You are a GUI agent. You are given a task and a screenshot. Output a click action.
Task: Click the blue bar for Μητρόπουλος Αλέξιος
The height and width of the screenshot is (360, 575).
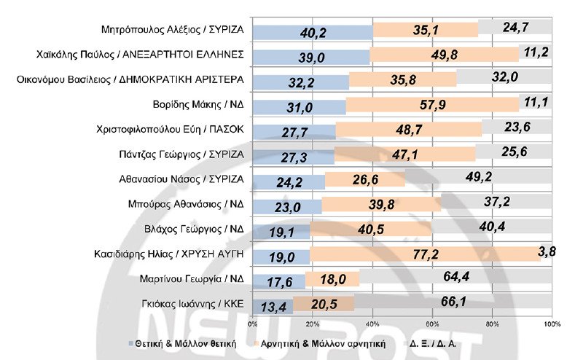pos(312,31)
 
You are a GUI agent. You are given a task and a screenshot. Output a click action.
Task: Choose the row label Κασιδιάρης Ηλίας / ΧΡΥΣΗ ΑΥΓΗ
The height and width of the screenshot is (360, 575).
pos(170,254)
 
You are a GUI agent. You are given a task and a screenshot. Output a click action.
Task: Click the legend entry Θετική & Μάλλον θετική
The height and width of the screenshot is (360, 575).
pos(186,343)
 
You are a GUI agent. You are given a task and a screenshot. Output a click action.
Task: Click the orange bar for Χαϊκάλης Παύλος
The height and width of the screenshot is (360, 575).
pos(444,55)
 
